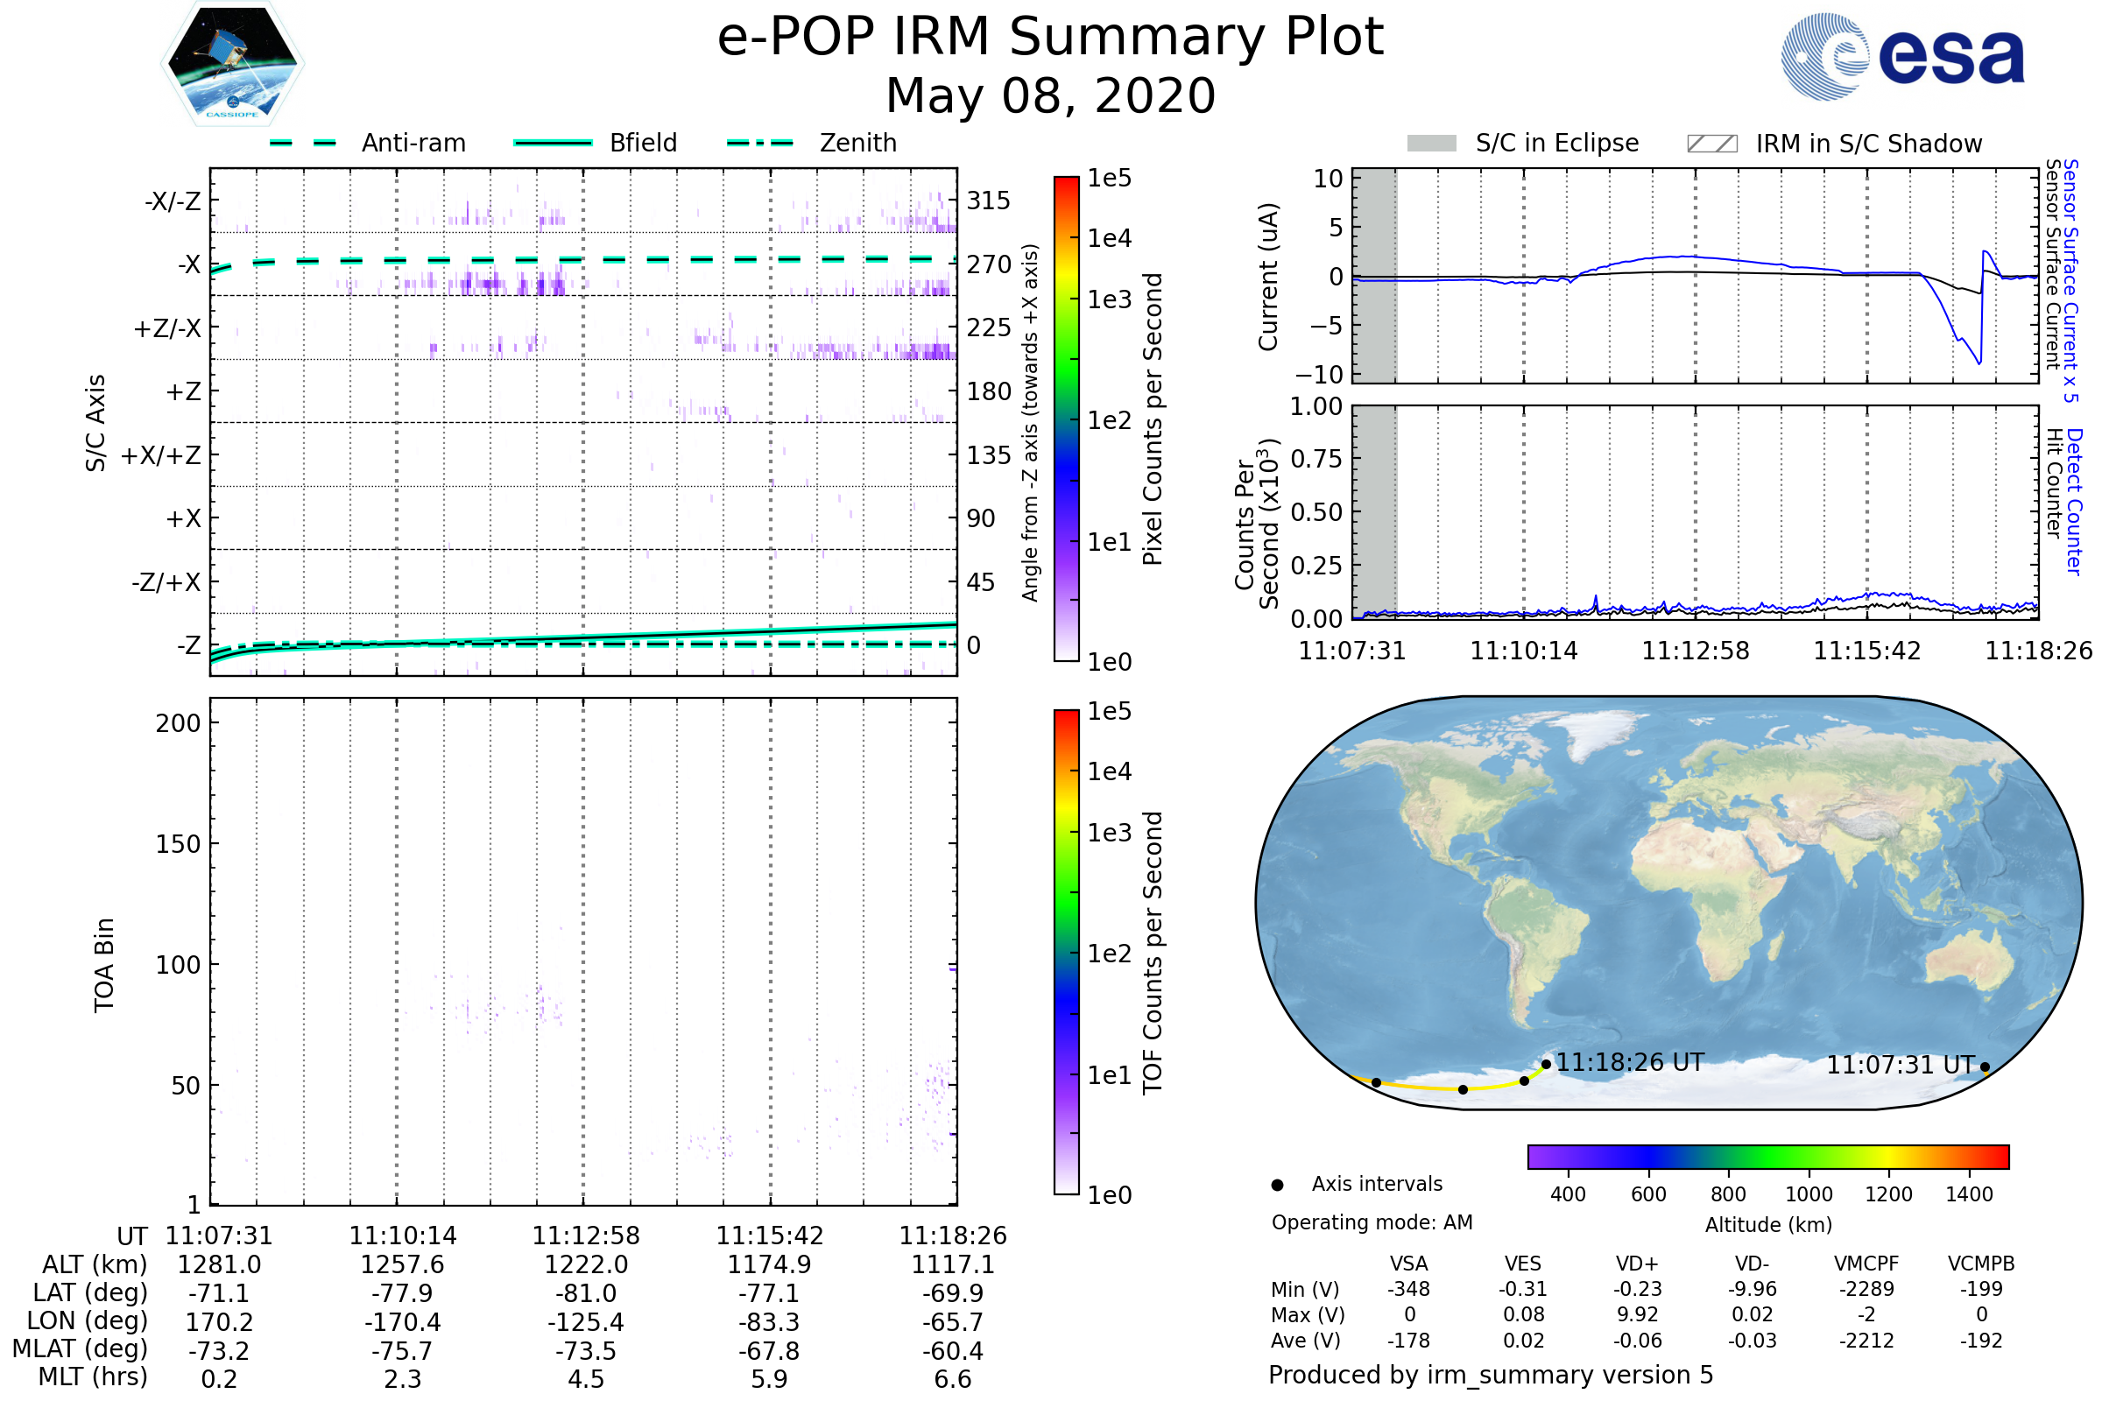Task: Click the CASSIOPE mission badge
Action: click(232, 62)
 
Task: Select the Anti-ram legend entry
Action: click(413, 143)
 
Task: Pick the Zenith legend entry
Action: click(857, 143)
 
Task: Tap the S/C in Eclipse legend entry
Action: click(1556, 143)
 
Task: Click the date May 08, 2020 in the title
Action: click(1050, 95)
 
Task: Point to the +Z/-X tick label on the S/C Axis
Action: click(167, 327)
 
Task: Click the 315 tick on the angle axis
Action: click(989, 201)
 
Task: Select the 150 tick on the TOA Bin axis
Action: click(178, 844)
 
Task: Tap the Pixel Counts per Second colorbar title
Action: click(1153, 419)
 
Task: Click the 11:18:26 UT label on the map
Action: click(1630, 1062)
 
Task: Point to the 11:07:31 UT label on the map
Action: click(1900, 1065)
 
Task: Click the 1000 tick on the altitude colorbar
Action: click(1808, 1194)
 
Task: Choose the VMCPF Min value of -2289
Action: click(1866, 1289)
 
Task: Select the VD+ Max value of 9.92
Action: click(1637, 1314)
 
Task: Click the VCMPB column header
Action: click(1980, 1264)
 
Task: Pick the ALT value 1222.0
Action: click(586, 1264)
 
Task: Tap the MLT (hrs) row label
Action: click(93, 1376)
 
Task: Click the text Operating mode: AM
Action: click(1372, 1222)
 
